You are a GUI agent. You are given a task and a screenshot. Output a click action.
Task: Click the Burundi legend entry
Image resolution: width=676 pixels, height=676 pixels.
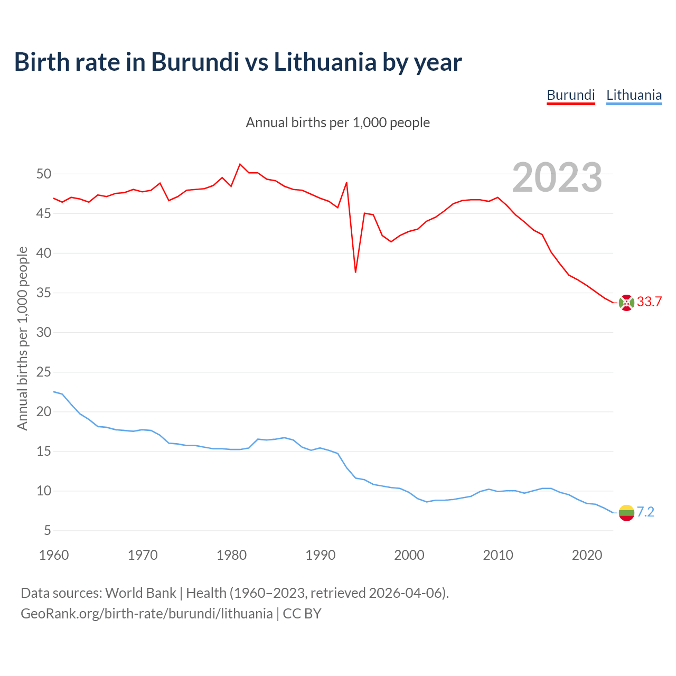click(x=570, y=95)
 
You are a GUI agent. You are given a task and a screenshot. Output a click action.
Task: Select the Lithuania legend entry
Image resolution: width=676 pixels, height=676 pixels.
click(x=634, y=95)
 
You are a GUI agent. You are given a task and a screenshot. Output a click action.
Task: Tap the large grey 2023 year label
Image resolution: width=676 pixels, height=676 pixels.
click(x=557, y=177)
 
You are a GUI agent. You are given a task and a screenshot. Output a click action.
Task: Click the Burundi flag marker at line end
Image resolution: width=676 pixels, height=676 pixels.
click(x=626, y=303)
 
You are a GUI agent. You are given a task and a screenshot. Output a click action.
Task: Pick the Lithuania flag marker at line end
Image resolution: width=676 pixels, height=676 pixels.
click(x=626, y=513)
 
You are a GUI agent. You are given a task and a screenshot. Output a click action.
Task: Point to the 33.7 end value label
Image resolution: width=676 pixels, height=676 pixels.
click(x=649, y=302)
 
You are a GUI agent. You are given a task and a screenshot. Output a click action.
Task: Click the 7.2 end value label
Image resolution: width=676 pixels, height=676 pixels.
click(x=645, y=512)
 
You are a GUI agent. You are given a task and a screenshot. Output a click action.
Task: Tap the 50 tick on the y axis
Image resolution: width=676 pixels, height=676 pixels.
click(x=44, y=174)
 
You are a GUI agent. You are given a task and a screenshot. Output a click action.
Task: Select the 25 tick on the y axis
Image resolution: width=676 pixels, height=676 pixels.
click(x=44, y=372)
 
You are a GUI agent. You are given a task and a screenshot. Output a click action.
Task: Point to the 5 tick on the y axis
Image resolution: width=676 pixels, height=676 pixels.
click(x=48, y=530)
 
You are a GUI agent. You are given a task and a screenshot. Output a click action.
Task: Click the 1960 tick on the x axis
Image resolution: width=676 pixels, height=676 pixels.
click(x=54, y=555)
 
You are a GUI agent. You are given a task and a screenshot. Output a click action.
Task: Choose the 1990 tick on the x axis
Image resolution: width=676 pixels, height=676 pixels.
click(x=321, y=555)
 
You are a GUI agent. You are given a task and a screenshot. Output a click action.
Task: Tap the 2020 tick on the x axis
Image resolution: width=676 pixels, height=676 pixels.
click(x=587, y=555)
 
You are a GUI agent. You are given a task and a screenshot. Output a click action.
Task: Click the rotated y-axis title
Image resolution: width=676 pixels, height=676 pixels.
click(x=22, y=338)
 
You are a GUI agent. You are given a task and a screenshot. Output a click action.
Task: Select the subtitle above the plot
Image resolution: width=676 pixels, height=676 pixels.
click(x=338, y=123)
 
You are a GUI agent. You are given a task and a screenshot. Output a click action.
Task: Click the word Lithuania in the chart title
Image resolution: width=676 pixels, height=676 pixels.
click(x=325, y=62)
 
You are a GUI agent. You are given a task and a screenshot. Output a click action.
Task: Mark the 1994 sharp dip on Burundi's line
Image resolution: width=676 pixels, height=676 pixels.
click(x=355, y=272)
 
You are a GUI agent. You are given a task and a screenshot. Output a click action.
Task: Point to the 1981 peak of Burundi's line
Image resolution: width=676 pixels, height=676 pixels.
click(x=240, y=164)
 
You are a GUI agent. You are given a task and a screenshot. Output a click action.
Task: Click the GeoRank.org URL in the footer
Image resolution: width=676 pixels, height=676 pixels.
click(x=147, y=613)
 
